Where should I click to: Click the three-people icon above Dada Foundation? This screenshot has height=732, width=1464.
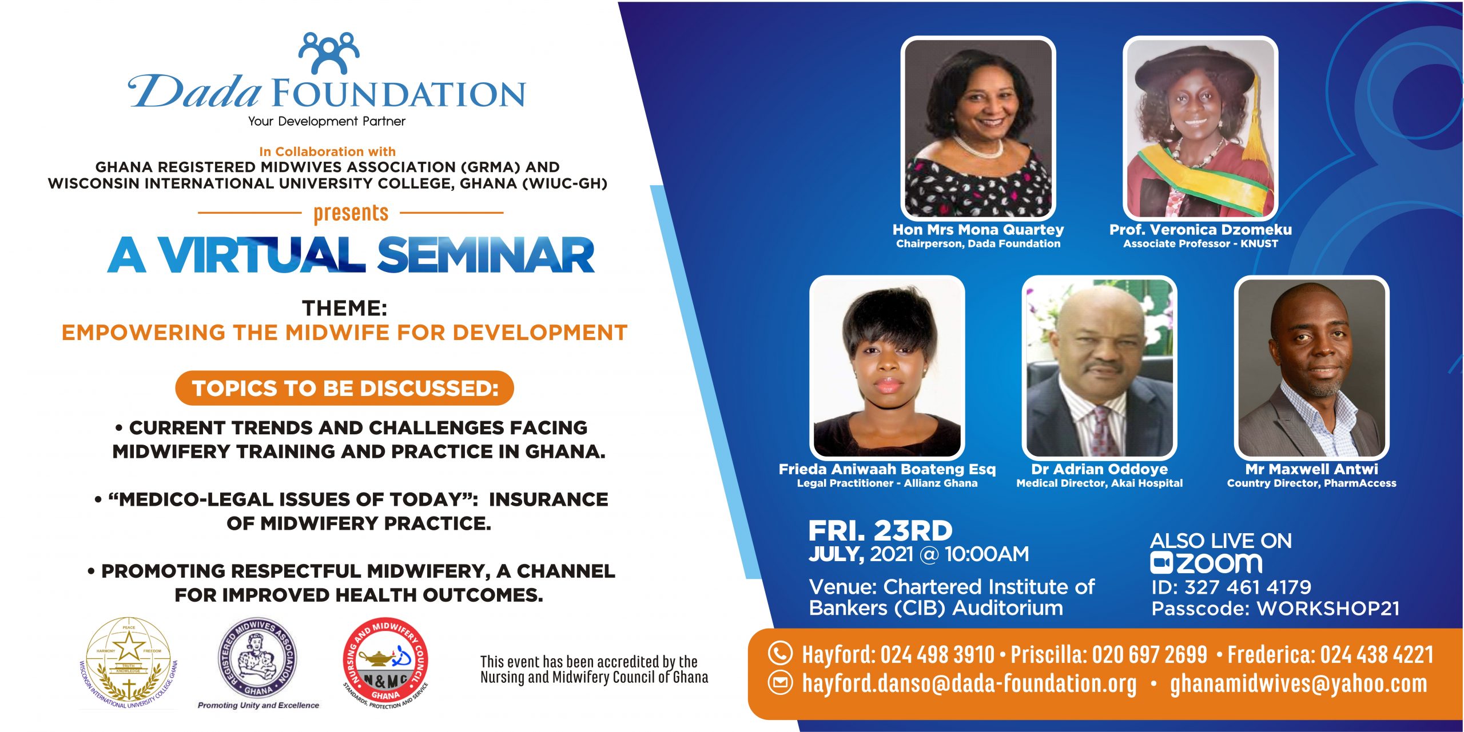329,53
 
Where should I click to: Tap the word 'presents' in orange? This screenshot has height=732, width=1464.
351,214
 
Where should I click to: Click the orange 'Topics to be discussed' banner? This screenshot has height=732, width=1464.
344,388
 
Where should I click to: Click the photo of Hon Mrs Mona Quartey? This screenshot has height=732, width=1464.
978,128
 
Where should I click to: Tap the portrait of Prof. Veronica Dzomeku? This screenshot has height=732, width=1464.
1200,128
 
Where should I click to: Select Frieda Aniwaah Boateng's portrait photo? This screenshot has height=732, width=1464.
887,367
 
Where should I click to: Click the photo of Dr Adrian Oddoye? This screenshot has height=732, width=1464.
1099,367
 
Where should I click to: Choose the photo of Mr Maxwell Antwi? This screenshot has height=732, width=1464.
1311,367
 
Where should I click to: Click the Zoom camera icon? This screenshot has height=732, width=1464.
1161,563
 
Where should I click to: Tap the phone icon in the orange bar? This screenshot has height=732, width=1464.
780,653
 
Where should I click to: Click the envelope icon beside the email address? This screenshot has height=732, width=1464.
780,683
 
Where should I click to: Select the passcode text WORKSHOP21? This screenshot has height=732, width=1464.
1328,609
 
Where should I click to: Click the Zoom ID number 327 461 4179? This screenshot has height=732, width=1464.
1248,587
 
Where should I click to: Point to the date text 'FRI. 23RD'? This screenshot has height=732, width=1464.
880,531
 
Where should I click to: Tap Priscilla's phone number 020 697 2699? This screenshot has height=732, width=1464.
1149,654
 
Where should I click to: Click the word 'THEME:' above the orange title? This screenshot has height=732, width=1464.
345,308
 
